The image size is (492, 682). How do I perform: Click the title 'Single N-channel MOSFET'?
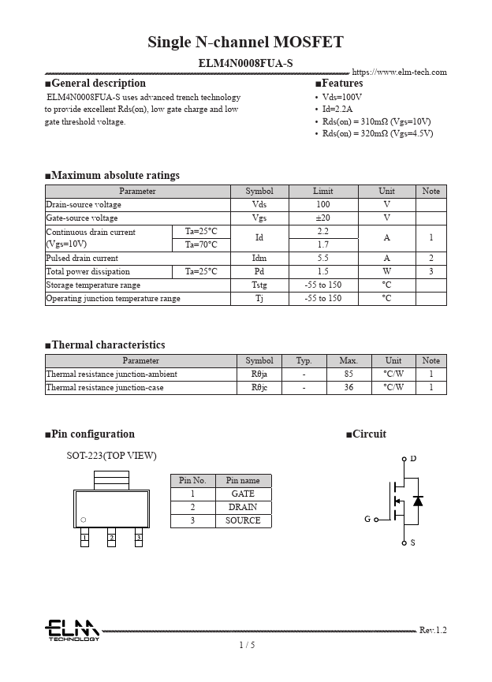pos(245,42)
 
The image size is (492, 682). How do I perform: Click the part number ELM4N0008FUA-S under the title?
pos(245,61)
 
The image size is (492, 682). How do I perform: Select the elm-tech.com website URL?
pos(399,73)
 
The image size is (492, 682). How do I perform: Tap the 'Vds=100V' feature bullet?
pos(341,97)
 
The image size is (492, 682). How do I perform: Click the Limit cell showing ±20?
pos(322,218)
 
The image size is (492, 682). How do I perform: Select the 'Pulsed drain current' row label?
pos(82,258)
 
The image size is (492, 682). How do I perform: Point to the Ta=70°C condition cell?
pos(201,244)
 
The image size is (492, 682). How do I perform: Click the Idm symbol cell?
pos(259,258)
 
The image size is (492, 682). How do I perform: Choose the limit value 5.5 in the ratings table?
pos(322,258)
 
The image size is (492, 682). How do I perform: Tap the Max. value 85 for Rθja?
pos(348,374)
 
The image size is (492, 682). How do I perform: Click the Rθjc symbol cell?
pos(259,388)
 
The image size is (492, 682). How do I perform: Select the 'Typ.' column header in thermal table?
pos(304,360)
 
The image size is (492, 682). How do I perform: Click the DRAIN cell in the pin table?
pos(242,507)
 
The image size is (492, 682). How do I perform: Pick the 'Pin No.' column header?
pos(192,480)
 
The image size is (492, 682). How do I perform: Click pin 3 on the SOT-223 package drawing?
pos(138,538)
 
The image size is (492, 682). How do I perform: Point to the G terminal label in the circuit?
pos(367,520)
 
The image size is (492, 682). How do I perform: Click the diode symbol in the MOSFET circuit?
pos(418,501)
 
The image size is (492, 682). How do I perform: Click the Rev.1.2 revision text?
pos(433,630)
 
